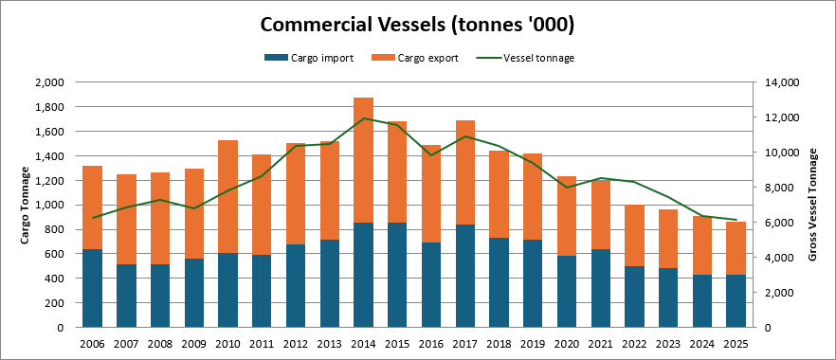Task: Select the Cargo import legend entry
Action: [x=308, y=58]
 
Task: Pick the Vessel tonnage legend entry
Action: [x=525, y=58]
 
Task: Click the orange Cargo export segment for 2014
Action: [x=363, y=160]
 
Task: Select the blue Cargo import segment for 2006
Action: [x=92, y=288]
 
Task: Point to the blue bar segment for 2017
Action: [x=464, y=276]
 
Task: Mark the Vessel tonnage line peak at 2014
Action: [x=363, y=118]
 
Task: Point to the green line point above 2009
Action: [x=194, y=208]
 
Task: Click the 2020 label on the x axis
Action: [x=567, y=344]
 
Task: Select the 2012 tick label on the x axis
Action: [x=296, y=344]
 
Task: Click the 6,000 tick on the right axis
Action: [x=777, y=223]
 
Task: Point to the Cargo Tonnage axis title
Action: [x=25, y=205]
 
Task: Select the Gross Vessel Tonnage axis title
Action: [x=812, y=205]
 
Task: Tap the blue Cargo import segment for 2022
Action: [x=634, y=297]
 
